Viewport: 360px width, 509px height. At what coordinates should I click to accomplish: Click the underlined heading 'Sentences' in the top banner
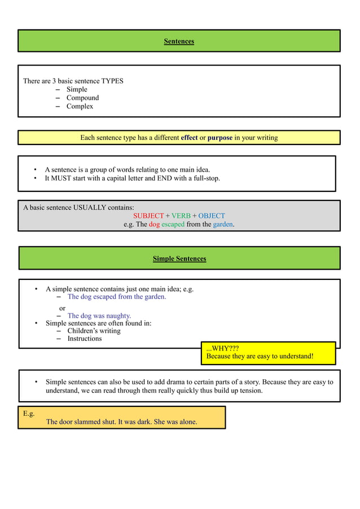[179, 41]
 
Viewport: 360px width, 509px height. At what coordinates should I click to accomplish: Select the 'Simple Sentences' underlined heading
[179, 258]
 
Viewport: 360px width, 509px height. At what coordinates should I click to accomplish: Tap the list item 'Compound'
[82, 98]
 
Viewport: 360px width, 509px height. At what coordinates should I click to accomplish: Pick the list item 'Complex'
[80, 106]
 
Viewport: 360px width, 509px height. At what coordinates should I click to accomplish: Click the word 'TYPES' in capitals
[112, 81]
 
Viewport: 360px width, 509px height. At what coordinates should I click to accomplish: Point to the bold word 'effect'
[189, 138]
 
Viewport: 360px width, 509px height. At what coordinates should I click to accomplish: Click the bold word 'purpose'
[220, 138]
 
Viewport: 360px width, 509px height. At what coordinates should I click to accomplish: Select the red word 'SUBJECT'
[148, 216]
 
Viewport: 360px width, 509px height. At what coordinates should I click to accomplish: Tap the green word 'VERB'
[181, 216]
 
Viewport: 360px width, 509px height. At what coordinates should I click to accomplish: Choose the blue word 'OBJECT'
[212, 216]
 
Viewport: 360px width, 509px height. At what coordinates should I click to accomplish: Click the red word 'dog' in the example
[155, 224]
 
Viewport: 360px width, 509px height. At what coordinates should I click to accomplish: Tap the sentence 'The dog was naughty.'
[99, 315]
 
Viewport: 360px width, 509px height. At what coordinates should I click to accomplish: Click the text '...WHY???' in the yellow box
[222, 348]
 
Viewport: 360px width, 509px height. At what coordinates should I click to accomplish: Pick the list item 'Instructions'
[85, 339]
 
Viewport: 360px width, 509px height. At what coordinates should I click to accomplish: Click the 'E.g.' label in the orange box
[29, 414]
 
